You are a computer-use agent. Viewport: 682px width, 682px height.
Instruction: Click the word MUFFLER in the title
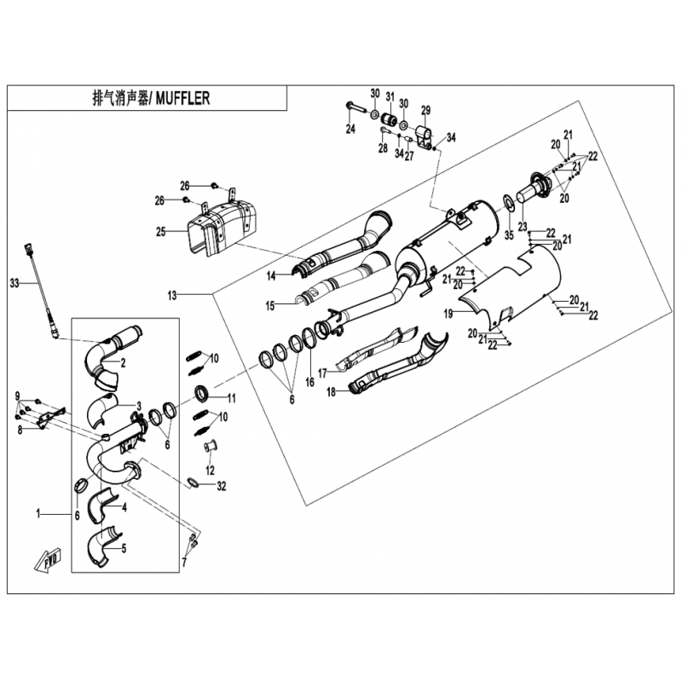[x=182, y=98]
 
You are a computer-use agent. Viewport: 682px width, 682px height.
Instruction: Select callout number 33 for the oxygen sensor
[x=14, y=284]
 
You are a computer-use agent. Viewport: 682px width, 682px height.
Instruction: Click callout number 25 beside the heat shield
[x=161, y=232]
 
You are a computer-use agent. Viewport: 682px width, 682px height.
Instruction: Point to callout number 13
[x=172, y=296]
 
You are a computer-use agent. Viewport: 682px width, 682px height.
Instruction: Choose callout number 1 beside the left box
[x=38, y=514]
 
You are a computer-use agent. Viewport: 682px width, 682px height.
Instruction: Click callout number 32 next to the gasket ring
[x=222, y=486]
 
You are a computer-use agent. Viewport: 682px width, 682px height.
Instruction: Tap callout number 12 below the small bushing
[x=210, y=471]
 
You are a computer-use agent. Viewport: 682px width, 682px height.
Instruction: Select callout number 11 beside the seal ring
[x=231, y=398]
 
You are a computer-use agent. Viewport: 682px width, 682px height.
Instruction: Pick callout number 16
[x=309, y=382]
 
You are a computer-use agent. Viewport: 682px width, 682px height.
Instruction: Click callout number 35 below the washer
[x=509, y=235]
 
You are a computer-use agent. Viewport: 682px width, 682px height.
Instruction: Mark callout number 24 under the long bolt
[x=350, y=129]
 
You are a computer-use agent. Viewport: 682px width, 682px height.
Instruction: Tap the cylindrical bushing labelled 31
[x=390, y=119]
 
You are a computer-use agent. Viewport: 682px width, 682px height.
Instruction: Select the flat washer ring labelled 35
[x=507, y=202]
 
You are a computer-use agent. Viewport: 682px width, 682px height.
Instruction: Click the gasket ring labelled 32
[x=194, y=483]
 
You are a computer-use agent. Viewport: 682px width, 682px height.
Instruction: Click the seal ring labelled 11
[x=202, y=393]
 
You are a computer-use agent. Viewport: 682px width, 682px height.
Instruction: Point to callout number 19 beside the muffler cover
[x=448, y=314]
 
